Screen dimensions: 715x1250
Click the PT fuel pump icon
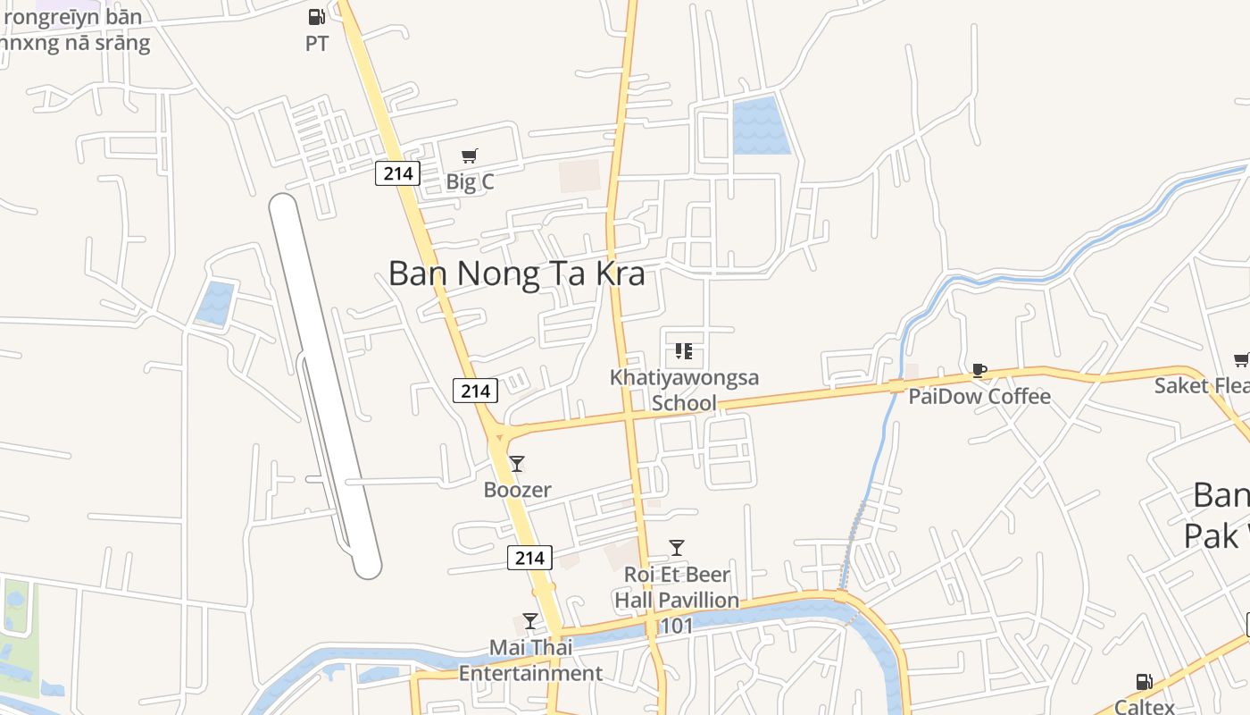pyautogui.click(x=316, y=17)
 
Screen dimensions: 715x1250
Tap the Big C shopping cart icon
pyautogui.click(x=470, y=156)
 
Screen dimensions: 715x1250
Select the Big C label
pyautogui.click(x=470, y=181)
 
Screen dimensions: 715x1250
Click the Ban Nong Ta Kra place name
pyautogui.click(x=516, y=273)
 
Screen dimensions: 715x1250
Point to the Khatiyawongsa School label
pyautogui.click(x=684, y=390)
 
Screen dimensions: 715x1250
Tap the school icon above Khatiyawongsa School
pyautogui.click(x=684, y=351)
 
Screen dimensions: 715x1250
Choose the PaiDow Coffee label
pyautogui.click(x=979, y=396)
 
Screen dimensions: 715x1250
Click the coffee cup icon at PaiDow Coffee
pyautogui.click(x=979, y=370)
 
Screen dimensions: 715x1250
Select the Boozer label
pyautogui.click(x=517, y=490)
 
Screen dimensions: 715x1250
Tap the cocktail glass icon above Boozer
pyautogui.click(x=517, y=464)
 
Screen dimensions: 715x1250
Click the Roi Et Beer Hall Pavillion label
pyautogui.click(x=677, y=587)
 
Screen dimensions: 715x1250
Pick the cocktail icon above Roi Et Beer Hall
pyautogui.click(x=677, y=548)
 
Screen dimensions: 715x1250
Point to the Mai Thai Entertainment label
pyautogui.click(x=530, y=660)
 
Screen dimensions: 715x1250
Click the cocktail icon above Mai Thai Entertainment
pyautogui.click(x=530, y=621)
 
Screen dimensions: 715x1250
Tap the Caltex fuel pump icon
pyautogui.click(x=1144, y=682)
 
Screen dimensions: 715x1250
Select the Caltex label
pyautogui.click(x=1144, y=705)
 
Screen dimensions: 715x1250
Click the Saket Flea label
pyautogui.click(x=1201, y=385)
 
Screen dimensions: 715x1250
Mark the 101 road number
pyautogui.click(x=676, y=626)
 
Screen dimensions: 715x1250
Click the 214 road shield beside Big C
pyautogui.click(x=397, y=173)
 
